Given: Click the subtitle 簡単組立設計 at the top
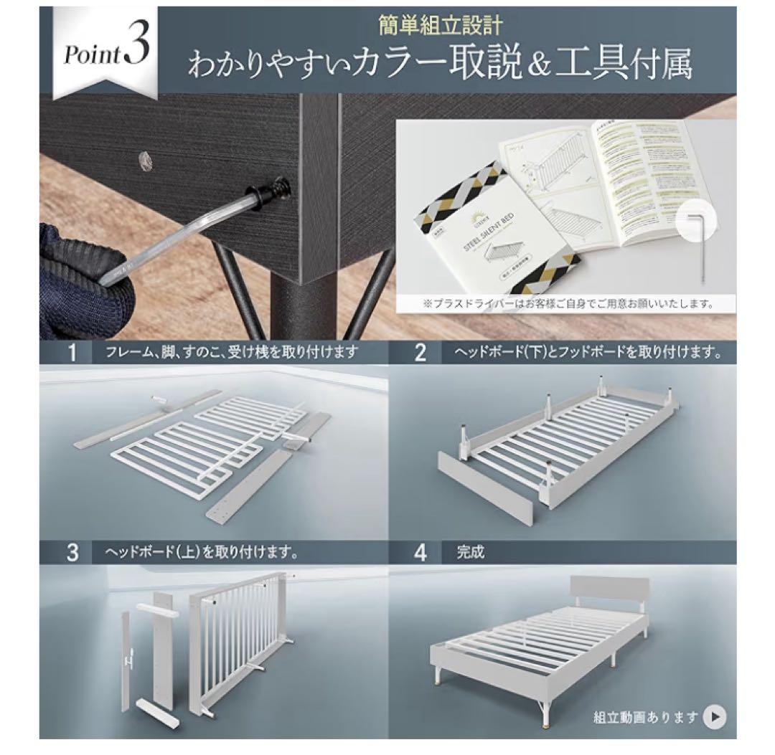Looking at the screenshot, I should pyautogui.click(x=441, y=27).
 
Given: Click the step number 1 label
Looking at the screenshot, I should pyautogui.click(x=72, y=351).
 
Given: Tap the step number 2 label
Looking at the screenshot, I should pyautogui.click(x=421, y=351).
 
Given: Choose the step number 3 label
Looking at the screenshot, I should pyautogui.click(x=72, y=553).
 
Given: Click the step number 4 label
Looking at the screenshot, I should pyautogui.click(x=421, y=553).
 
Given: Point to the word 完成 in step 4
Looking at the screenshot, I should pyautogui.click(x=471, y=553).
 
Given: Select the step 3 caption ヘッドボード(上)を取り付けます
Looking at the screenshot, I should pyautogui.click(x=202, y=553).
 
